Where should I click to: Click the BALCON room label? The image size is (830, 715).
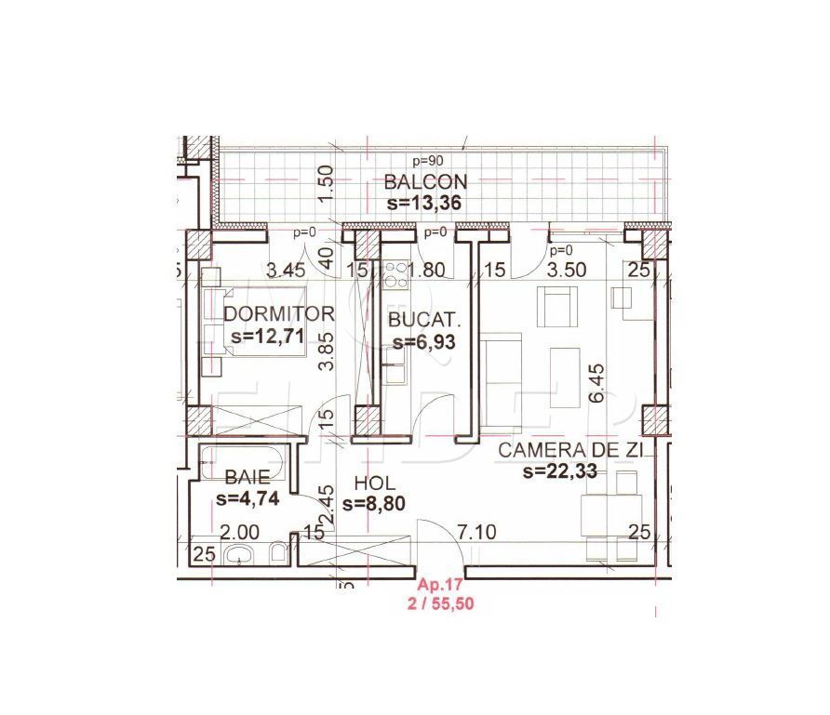[425, 181]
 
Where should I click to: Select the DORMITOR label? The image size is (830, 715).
[278, 313]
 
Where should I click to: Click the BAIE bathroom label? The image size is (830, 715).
[247, 477]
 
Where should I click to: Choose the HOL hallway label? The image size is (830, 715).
[375, 483]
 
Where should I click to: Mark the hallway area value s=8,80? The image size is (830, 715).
[374, 504]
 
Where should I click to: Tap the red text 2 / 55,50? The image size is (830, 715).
[442, 602]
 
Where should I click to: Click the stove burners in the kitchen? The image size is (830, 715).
[395, 273]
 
